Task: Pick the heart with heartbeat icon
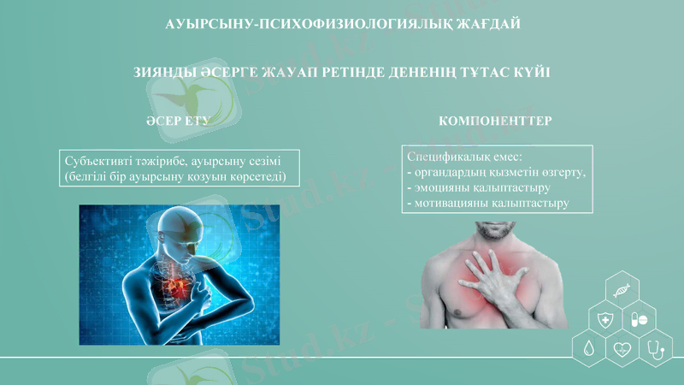click(622, 348)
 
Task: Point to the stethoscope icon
click(655, 348)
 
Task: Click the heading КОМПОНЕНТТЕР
click(494, 121)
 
